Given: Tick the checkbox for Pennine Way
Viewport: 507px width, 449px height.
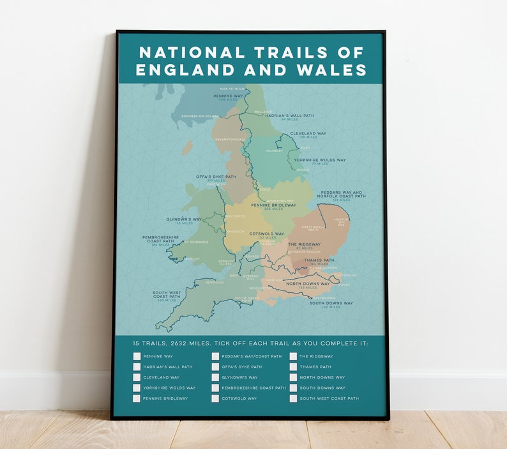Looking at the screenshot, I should pyautogui.click(x=137, y=356).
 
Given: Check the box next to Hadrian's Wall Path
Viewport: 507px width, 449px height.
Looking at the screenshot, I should pyautogui.click(x=137, y=367).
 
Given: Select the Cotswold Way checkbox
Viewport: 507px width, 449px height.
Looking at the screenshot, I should pyautogui.click(x=215, y=398).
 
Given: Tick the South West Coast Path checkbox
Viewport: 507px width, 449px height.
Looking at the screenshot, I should pyautogui.click(x=293, y=398).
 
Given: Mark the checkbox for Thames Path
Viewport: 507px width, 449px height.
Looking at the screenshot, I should pyautogui.click(x=293, y=367).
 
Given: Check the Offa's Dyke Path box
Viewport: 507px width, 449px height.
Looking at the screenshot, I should pyautogui.click(x=215, y=367).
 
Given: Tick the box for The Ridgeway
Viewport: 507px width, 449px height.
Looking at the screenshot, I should pyautogui.click(x=293, y=356).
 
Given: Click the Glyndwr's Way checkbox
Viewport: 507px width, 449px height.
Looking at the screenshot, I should pyautogui.click(x=215, y=377).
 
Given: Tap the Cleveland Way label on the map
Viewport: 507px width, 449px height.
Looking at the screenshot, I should pyautogui.click(x=308, y=133).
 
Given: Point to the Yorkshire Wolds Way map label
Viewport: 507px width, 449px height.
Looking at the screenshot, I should pyautogui.click(x=320, y=160).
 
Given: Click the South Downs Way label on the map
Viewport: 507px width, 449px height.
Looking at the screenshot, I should pyautogui.click(x=331, y=303).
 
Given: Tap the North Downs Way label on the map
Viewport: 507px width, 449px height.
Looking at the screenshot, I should pyautogui.click(x=307, y=283).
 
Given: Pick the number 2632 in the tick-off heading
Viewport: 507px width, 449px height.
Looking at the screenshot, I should pyautogui.click(x=181, y=343).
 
